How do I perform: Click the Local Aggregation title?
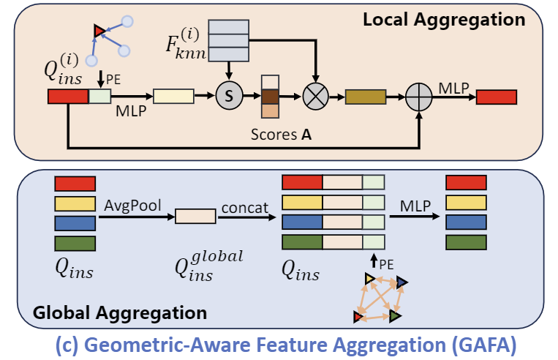[444, 20]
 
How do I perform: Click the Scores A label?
[274, 136]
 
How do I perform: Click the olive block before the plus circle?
[365, 97]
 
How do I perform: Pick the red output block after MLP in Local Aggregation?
[497, 97]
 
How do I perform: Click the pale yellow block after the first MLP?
[173, 96]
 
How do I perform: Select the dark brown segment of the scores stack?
[270, 96]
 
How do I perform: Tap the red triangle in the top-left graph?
[99, 30]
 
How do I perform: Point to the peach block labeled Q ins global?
[195, 216]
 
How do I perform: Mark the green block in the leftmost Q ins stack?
[75, 243]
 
